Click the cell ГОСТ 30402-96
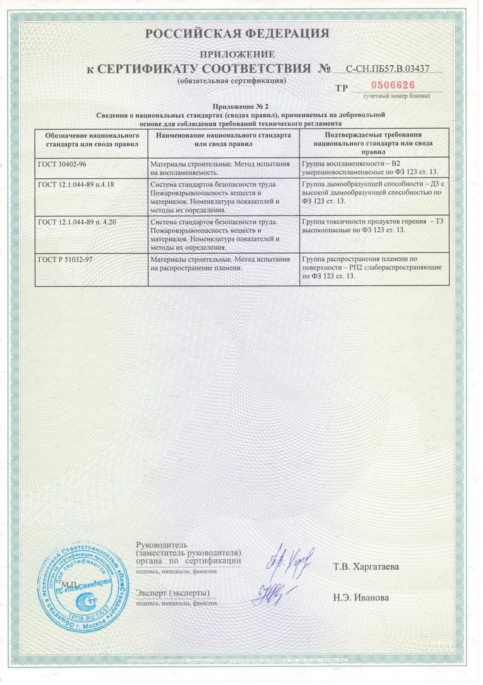pos(91,168)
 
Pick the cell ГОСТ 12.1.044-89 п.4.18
pos(91,196)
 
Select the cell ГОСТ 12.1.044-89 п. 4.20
pos(91,234)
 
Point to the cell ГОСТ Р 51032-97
pos(91,269)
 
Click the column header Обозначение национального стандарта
pos(91,141)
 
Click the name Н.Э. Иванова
pos(360,598)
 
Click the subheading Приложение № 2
pos(240,106)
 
